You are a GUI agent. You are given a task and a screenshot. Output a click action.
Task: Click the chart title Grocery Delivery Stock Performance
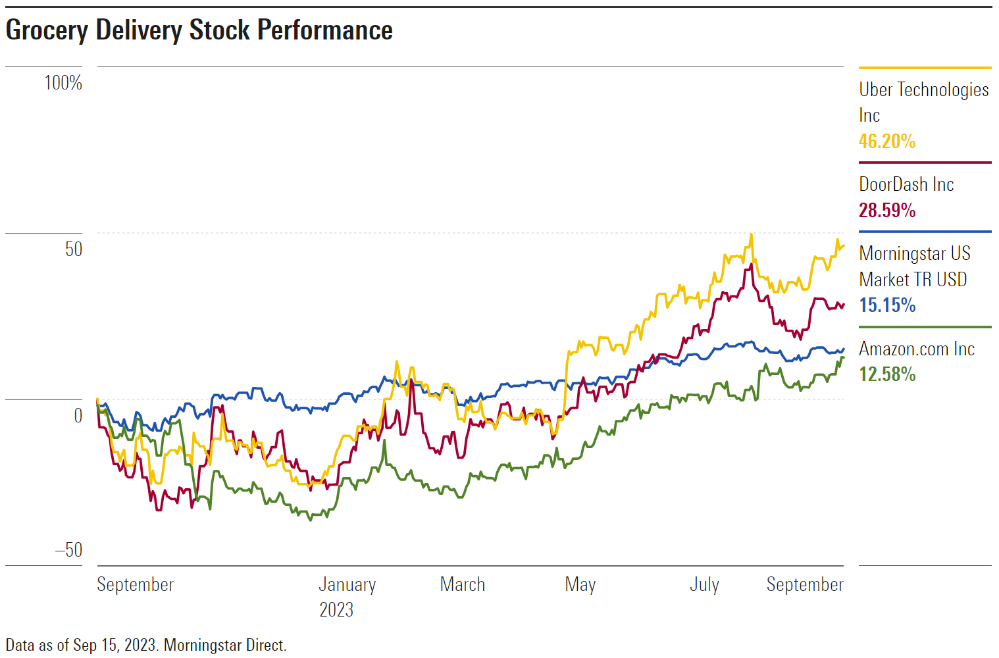[x=199, y=30]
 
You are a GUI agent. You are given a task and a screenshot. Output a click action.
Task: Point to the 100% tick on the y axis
[x=63, y=83]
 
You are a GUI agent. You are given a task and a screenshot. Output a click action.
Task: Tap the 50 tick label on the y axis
[x=74, y=249]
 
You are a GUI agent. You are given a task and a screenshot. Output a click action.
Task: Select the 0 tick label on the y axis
[x=78, y=416]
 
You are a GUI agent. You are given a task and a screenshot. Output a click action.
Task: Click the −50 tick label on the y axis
[x=68, y=550]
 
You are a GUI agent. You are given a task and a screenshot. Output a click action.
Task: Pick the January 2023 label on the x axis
[x=347, y=597]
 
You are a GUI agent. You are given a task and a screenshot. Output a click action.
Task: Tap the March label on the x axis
[x=462, y=584]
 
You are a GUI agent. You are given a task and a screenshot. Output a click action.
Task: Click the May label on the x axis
[x=580, y=584]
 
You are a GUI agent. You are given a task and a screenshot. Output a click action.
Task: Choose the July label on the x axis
[x=704, y=584]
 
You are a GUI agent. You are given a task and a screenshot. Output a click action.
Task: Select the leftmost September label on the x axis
[x=135, y=584]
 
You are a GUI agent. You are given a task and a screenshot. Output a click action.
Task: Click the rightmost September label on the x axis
[x=804, y=584]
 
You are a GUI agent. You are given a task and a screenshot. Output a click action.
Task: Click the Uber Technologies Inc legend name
[x=923, y=102]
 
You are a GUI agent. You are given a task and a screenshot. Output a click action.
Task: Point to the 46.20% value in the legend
[x=886, y=141]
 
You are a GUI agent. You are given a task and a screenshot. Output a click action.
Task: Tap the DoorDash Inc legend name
[x=906, y=184]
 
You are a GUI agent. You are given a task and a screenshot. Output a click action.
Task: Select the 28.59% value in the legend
[x=886, y=211]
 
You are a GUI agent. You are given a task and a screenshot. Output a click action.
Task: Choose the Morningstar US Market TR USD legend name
[x=914, y=266]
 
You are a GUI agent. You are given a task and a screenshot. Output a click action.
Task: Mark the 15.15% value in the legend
[x=886, y=305]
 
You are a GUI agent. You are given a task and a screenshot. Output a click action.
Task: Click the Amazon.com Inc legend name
[x=916, y=349]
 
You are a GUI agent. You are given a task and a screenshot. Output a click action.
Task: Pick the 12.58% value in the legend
[x=886, y=374]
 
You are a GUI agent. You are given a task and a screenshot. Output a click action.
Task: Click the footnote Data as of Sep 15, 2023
[x=146, y=645]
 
